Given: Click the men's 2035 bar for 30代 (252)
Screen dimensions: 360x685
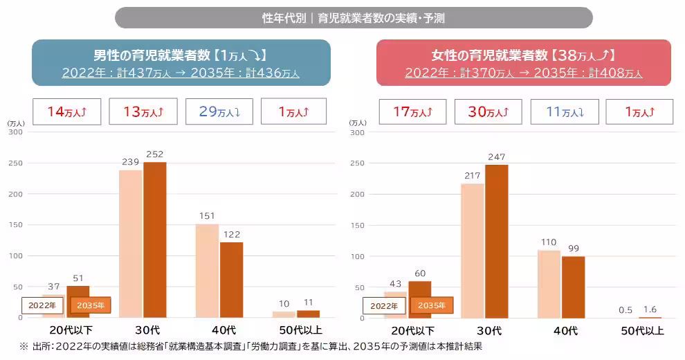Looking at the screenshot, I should pyautogui.click(x=155, y=240).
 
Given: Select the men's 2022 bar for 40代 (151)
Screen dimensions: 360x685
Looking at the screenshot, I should pyautogui.click(x=207, y=271).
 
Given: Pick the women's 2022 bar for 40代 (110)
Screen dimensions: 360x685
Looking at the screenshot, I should pyautogui.click(x=548, y=284).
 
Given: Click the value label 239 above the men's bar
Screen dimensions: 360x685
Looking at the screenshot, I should pyautogui.click(x=130, y=162).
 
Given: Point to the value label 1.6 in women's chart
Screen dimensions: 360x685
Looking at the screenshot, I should pyautogui.click(x=650, y=310).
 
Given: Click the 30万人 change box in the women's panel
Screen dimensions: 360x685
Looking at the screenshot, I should pyautogui.click(x=488, y=111).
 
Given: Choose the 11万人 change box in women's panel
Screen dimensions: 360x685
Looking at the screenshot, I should pyautogui.click(x=563, y=111).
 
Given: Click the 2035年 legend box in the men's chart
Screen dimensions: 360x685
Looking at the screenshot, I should pyautogui.click(x=91, y=305).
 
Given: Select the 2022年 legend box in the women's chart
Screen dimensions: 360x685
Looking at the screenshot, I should pyautogui.click(x=383, y=305).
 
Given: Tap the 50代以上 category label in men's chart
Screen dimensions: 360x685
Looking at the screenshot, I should pyautogui.click(x=295, y=331).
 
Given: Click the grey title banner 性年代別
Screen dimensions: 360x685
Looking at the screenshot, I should pyautogui.click(x=354, y=18).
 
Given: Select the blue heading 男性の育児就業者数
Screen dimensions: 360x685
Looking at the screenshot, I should pyautogui.click(x=181, y=55).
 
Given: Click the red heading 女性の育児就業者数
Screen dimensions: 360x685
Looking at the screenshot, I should pyautogui.click(x=523, y=55).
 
